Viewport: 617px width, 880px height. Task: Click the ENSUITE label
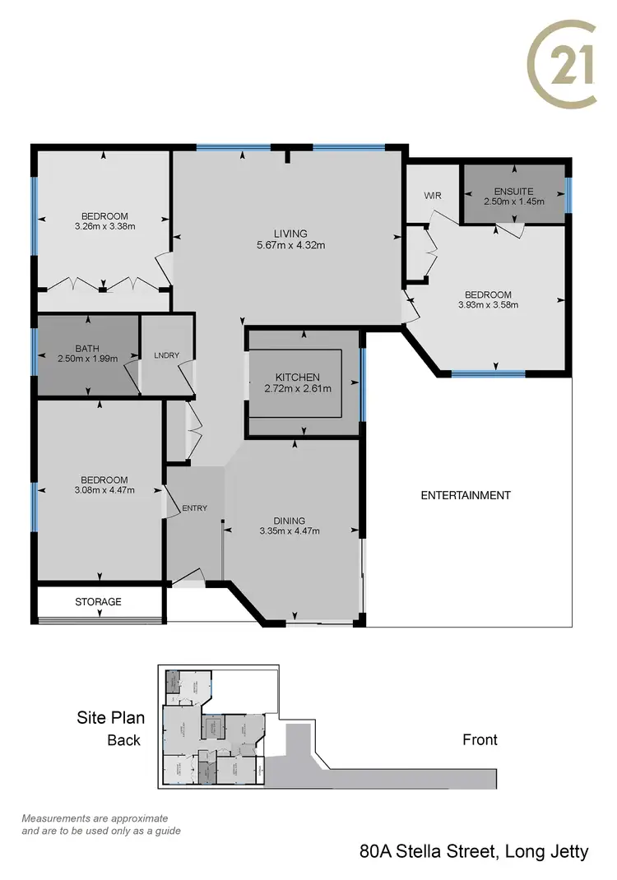pyautogui.click(x=513, y=191)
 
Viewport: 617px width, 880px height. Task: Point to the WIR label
pyautogui.click(x=434, y=197)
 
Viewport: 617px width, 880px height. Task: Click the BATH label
pyautogui.click(x=86, y=349)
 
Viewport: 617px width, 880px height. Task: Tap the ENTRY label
pyautogui.click(x=195, y=508)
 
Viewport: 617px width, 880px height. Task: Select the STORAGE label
pyautogui.click(x=98, y=602)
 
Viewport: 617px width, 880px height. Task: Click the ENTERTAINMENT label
pyautogui.click(x=466, y=495)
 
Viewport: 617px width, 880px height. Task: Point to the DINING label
pyautogui.click(x=290, y=521)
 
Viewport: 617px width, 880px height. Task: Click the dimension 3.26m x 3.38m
pyautogui.click(x=104, y=225)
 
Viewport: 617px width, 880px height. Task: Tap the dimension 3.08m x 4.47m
pyautogui.click(x=104, y=490)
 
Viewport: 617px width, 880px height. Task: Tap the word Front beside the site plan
pyautogui.click(x=480, y=739)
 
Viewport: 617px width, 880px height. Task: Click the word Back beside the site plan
pyautogui.click(x=124, y=739)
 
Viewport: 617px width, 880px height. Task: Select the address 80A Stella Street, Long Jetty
pyautogui.click(x=474, y=851)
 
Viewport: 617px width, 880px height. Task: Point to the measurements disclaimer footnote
pyautogui.click(x=100, y=824)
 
